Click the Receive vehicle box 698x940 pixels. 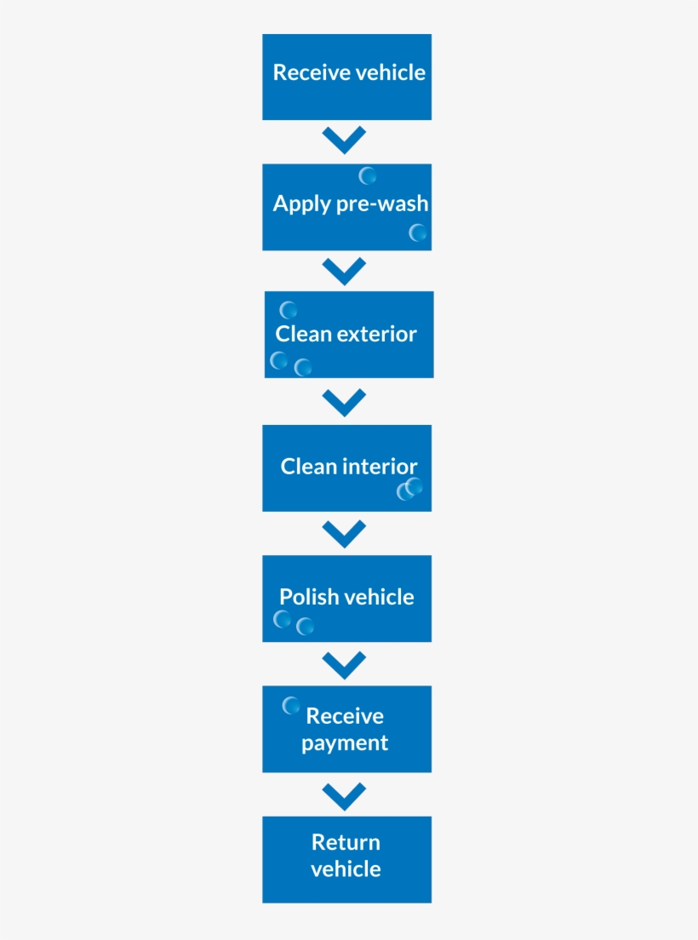346,77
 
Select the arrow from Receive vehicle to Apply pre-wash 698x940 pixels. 345,140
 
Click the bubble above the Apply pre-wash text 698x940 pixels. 368,176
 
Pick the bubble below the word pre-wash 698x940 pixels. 417,232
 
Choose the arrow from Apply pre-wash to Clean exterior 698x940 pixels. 345,271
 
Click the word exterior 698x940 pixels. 376,334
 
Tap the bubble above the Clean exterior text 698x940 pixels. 289,311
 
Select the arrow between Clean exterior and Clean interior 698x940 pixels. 345,402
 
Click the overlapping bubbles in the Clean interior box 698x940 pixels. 409,489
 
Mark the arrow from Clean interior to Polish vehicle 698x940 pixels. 345,533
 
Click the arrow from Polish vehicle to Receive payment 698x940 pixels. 345,664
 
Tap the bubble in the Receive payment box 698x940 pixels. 291,705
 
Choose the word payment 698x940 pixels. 345,743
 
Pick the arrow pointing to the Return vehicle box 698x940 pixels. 345,795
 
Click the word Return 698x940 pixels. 346,842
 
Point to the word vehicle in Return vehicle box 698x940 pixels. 346,869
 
